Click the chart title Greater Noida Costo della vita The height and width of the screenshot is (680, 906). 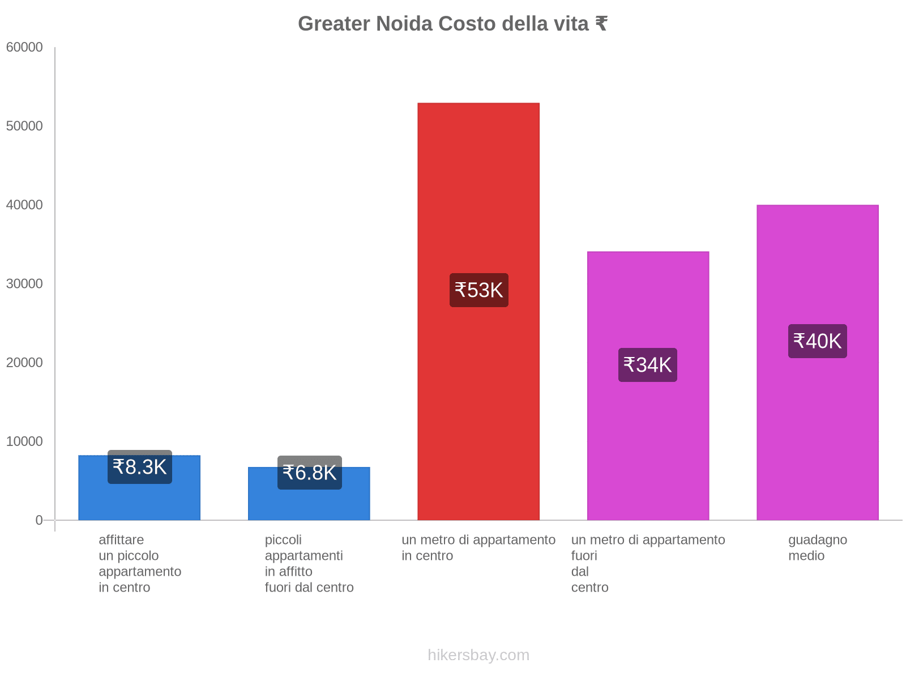pos(452,24)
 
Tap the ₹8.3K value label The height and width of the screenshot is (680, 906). pos(140,467)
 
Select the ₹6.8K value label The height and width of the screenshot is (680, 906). pos(309,473)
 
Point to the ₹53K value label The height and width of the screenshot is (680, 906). pos(478,290)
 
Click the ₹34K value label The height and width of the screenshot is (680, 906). pos(647,365)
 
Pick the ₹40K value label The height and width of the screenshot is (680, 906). pos(817,341)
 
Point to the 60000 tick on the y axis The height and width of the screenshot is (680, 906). pos(24,48)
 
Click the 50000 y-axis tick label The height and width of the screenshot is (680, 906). pos(24,126)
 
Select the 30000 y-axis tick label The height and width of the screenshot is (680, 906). pos(24,284)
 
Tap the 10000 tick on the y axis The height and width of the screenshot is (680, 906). pos(24,441)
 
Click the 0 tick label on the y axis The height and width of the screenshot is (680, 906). pos(39,520)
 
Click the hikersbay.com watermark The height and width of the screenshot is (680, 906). pos(478,655)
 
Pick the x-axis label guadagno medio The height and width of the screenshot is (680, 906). pos(817,547)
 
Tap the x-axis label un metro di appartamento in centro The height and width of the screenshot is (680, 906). pos(478,547)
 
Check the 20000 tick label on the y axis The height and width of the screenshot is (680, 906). pos(24,363)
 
